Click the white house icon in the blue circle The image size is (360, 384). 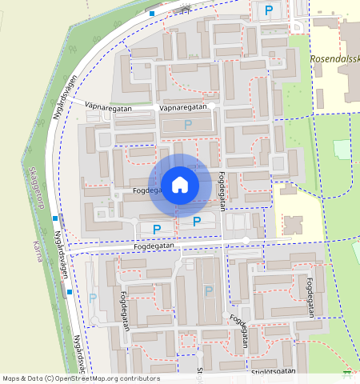180,185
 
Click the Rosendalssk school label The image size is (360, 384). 334,59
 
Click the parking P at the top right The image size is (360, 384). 268,10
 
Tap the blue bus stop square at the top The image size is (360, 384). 152,13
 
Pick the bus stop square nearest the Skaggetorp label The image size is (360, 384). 54,218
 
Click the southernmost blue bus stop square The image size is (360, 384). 70,292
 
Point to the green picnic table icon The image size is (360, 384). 346,373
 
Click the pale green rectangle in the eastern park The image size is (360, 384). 342,150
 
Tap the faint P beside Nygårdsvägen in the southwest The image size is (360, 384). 93,298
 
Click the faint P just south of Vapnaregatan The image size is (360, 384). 188,124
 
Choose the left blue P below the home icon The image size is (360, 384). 157,229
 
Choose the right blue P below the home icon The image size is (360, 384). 196,222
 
